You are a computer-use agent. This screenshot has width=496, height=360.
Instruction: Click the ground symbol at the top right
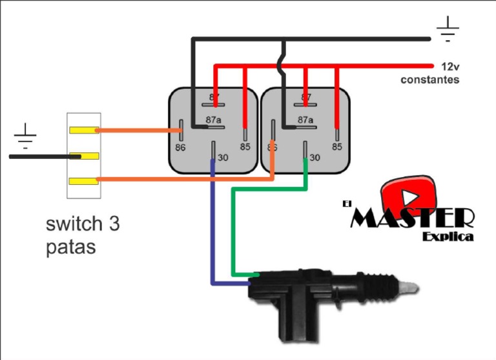448,28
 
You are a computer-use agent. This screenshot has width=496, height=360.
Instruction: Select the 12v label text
449,67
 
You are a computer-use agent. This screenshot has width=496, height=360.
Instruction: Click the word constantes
429,79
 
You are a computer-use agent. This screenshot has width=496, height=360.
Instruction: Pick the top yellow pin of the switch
84,130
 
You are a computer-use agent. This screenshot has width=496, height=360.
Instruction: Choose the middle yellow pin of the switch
84,156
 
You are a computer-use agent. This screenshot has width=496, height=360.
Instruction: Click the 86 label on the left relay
180,147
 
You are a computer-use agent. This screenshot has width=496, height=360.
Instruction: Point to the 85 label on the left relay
245,147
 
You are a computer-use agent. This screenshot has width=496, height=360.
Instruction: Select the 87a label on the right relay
305,120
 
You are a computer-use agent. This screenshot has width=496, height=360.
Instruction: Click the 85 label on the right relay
336,147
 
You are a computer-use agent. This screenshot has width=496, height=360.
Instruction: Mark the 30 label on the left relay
223,158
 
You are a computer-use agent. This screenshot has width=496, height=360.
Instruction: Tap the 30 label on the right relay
315,158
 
